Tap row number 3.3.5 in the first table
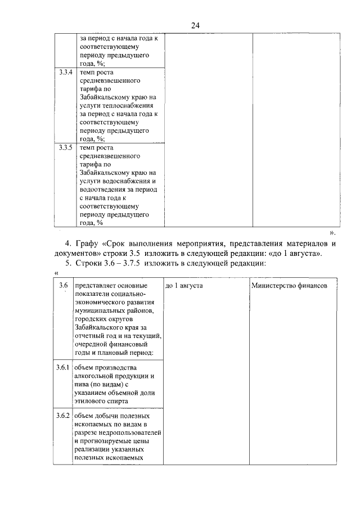(65, 147)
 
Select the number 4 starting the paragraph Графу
(67, 244)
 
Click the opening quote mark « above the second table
(56, 273)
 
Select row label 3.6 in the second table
(64, 286)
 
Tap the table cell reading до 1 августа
(184, 286)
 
